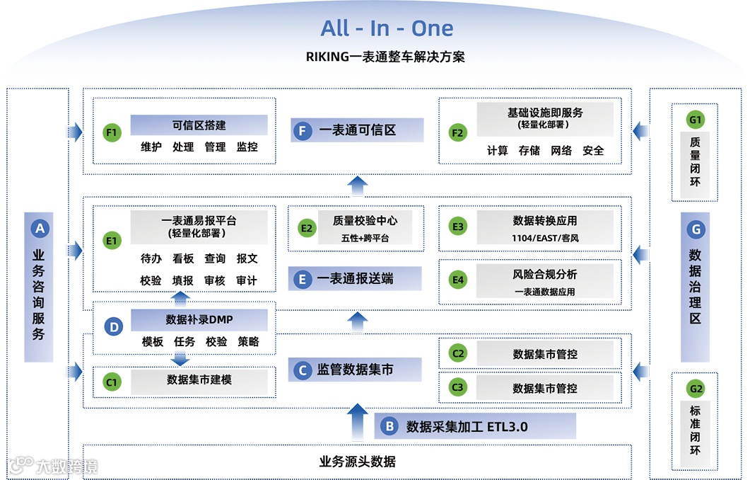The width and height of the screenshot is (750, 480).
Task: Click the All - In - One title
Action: pos(387,28)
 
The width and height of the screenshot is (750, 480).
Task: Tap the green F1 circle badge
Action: pos(112,132)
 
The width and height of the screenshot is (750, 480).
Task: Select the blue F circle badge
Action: pos(303,131)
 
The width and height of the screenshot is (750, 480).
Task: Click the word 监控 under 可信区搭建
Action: pos(247,147)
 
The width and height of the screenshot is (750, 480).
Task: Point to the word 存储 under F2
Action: pos(529,150)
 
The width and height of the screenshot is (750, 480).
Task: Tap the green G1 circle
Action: pos(696,119)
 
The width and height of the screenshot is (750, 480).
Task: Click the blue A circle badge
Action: pos(40,228)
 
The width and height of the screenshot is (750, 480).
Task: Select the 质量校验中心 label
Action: pos(365,221)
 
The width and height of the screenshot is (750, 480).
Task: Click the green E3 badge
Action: pos(458,227)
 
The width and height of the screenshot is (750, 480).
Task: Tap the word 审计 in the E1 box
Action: pos(247,280)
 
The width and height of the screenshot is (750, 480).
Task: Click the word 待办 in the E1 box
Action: pos(151,259)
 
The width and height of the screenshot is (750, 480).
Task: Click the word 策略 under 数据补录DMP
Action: pos(248,341)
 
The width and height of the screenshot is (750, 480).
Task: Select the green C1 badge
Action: pos(112,382)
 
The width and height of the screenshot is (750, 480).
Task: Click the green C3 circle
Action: pos(458,387)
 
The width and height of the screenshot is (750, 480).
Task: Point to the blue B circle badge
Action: pos(388,426)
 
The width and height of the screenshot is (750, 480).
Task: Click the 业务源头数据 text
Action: pos(357,462)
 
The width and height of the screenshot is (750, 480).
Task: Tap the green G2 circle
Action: pos(696,389)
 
